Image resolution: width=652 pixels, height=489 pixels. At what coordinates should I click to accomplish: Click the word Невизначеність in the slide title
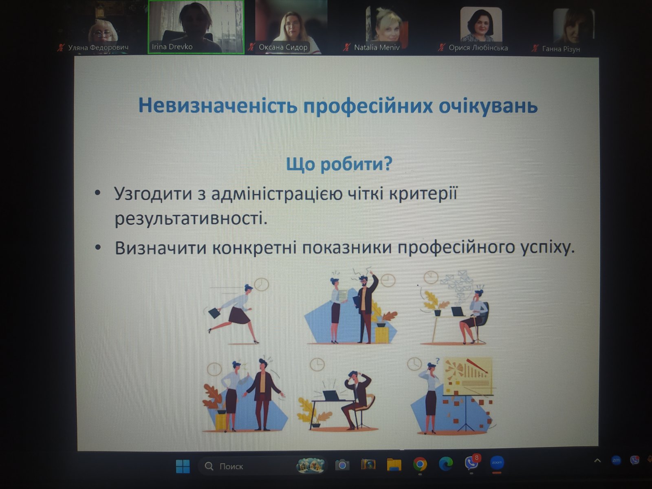(x=218, y=106)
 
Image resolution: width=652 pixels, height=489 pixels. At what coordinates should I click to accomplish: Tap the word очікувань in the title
(x=488, y=106)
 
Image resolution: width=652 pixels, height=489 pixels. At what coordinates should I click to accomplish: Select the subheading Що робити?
(x=339, y=164)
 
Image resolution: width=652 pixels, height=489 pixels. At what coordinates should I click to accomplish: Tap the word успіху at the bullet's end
(x=545, y=248)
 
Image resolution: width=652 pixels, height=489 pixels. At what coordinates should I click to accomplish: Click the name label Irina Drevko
(x=172, y=46)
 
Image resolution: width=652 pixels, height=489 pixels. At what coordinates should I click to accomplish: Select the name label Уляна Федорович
(x=98, y=47)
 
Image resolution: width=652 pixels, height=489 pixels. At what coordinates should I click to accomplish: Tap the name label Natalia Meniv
(x=377, y=47)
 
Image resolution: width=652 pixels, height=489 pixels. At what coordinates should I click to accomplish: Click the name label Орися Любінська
(x=478, y=48)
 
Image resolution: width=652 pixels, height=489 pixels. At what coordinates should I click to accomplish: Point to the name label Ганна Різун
(x=561, y=48)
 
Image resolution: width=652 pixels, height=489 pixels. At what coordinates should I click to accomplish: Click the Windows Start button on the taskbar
(x=183, y=466)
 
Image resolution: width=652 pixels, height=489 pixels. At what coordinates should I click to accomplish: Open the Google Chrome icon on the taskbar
(x=420, y=464)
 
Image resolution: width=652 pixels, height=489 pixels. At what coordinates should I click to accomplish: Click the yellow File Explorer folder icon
(x=394, y=465)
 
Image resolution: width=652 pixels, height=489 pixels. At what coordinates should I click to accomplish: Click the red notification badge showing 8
(x=476, y=458)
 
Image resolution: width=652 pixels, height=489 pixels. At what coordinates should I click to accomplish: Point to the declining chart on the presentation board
(x=467, y=376)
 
